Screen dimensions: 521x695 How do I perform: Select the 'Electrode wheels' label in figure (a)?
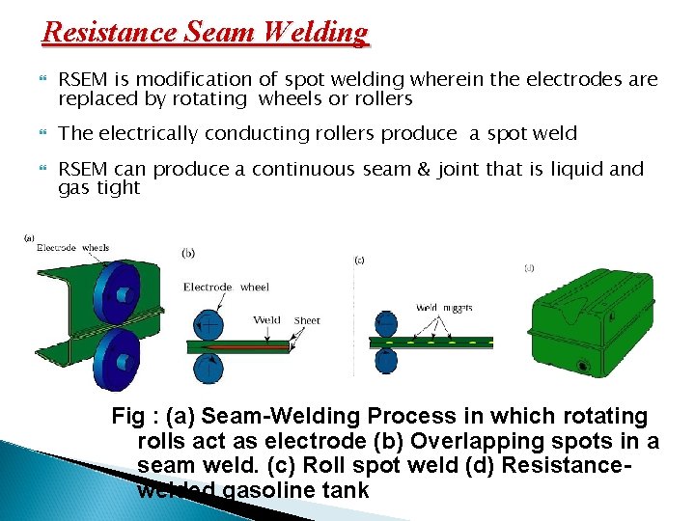click(72, 248)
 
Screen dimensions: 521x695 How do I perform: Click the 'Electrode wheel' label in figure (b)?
click(226, 287)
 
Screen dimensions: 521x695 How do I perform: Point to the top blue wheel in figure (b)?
click(209, 322)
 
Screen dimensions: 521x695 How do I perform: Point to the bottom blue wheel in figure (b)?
click(209, 368)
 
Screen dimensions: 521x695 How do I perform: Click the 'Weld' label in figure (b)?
click(267, 320)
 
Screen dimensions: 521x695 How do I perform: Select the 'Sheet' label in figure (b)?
click(307, 320)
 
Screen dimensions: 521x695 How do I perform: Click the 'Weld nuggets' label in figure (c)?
click(444, 308)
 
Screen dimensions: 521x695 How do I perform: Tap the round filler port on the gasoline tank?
click(584, 366)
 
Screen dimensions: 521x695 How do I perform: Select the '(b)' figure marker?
click(189, 253)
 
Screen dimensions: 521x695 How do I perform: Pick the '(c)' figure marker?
click(359, 260)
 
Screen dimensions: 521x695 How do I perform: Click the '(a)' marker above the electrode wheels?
click(30, 236)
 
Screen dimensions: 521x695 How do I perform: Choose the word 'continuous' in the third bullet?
click(306, 170)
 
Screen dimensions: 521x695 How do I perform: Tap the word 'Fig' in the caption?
click(128, 417)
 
